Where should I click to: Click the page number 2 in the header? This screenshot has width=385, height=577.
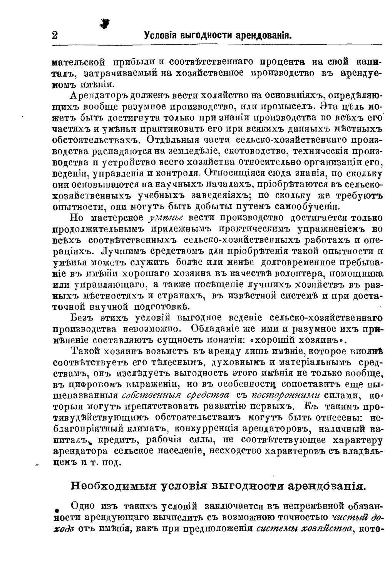click(54, 35)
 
